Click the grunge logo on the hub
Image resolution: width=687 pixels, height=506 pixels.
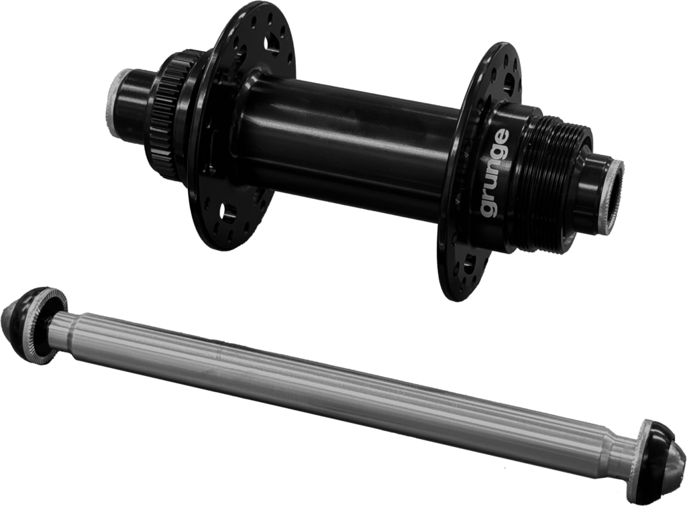(495, 172)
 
